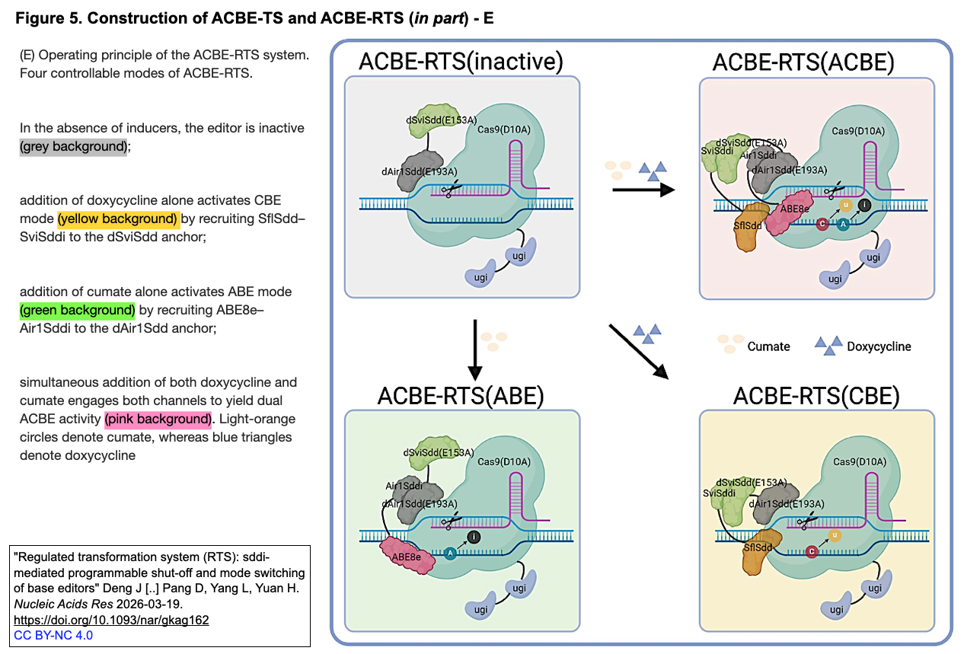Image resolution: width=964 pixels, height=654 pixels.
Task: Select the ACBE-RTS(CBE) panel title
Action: coord(816,396)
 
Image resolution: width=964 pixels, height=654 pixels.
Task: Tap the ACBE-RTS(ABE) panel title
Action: coord(461,396)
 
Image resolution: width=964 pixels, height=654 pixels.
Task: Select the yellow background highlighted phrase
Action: coord(118,219)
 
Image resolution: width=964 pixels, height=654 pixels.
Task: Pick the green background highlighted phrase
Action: coord(78,311)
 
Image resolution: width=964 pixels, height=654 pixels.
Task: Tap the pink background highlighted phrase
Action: coord(158,420)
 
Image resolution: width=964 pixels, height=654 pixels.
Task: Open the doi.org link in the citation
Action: coord(111,621)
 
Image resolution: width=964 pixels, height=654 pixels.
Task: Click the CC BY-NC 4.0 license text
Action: coord(53,635)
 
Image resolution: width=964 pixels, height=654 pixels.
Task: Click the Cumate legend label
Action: coord(768,346)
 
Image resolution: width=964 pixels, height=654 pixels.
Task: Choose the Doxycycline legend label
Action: coord(879,346)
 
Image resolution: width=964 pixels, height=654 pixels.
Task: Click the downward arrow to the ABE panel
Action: coord(475,349)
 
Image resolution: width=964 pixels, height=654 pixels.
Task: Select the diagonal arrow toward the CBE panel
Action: coord(638,351)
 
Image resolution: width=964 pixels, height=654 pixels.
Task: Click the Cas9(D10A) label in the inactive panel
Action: coord(503,129)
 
